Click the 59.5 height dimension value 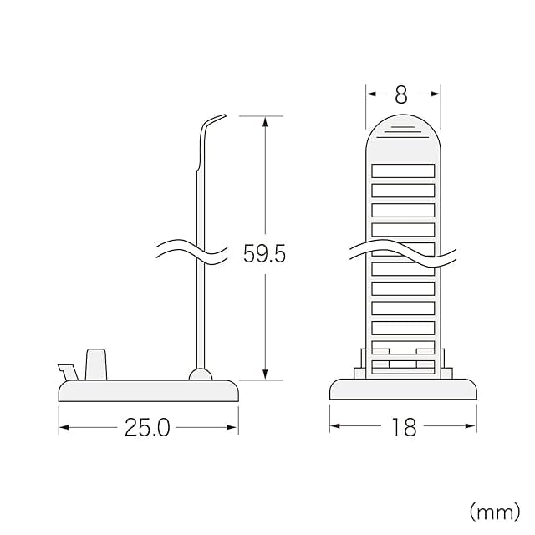pyautogui.click(x=264, y=254)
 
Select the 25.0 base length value pyautogui.click(x=147, y=427)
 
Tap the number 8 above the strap pyautogui.click(x=401, y=94)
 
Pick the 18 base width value pyautogui.click(x=405, y=427)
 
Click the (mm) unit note pyautogui.click(x=495, y=512)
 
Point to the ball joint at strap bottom pyautogui.click(x=201, y=374)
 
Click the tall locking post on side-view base pyautogui.click(x=96, y=364)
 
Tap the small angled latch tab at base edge pyautogui.click(x=69, y=372)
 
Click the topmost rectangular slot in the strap pyautogui.click(x=403, y=171)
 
